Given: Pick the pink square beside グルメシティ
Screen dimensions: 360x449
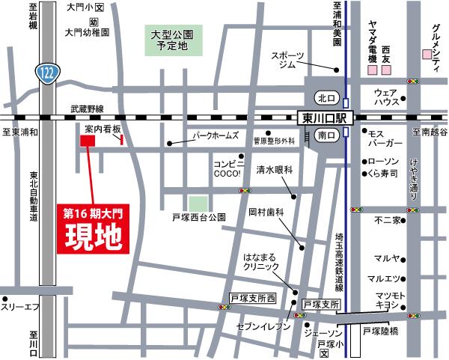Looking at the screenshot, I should [427, 54].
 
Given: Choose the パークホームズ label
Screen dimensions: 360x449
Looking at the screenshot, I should [216, 135].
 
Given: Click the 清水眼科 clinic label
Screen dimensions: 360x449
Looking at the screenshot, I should [278, 169].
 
